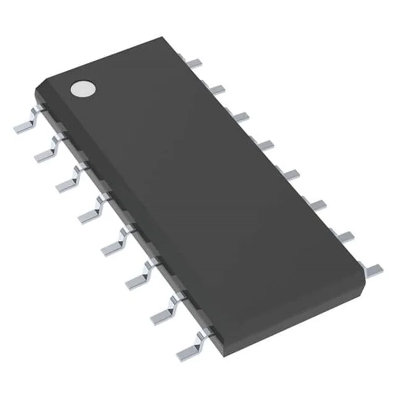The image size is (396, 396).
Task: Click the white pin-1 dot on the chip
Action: [x=83, y=89]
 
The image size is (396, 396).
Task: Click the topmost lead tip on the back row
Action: [x=195, y=63]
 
